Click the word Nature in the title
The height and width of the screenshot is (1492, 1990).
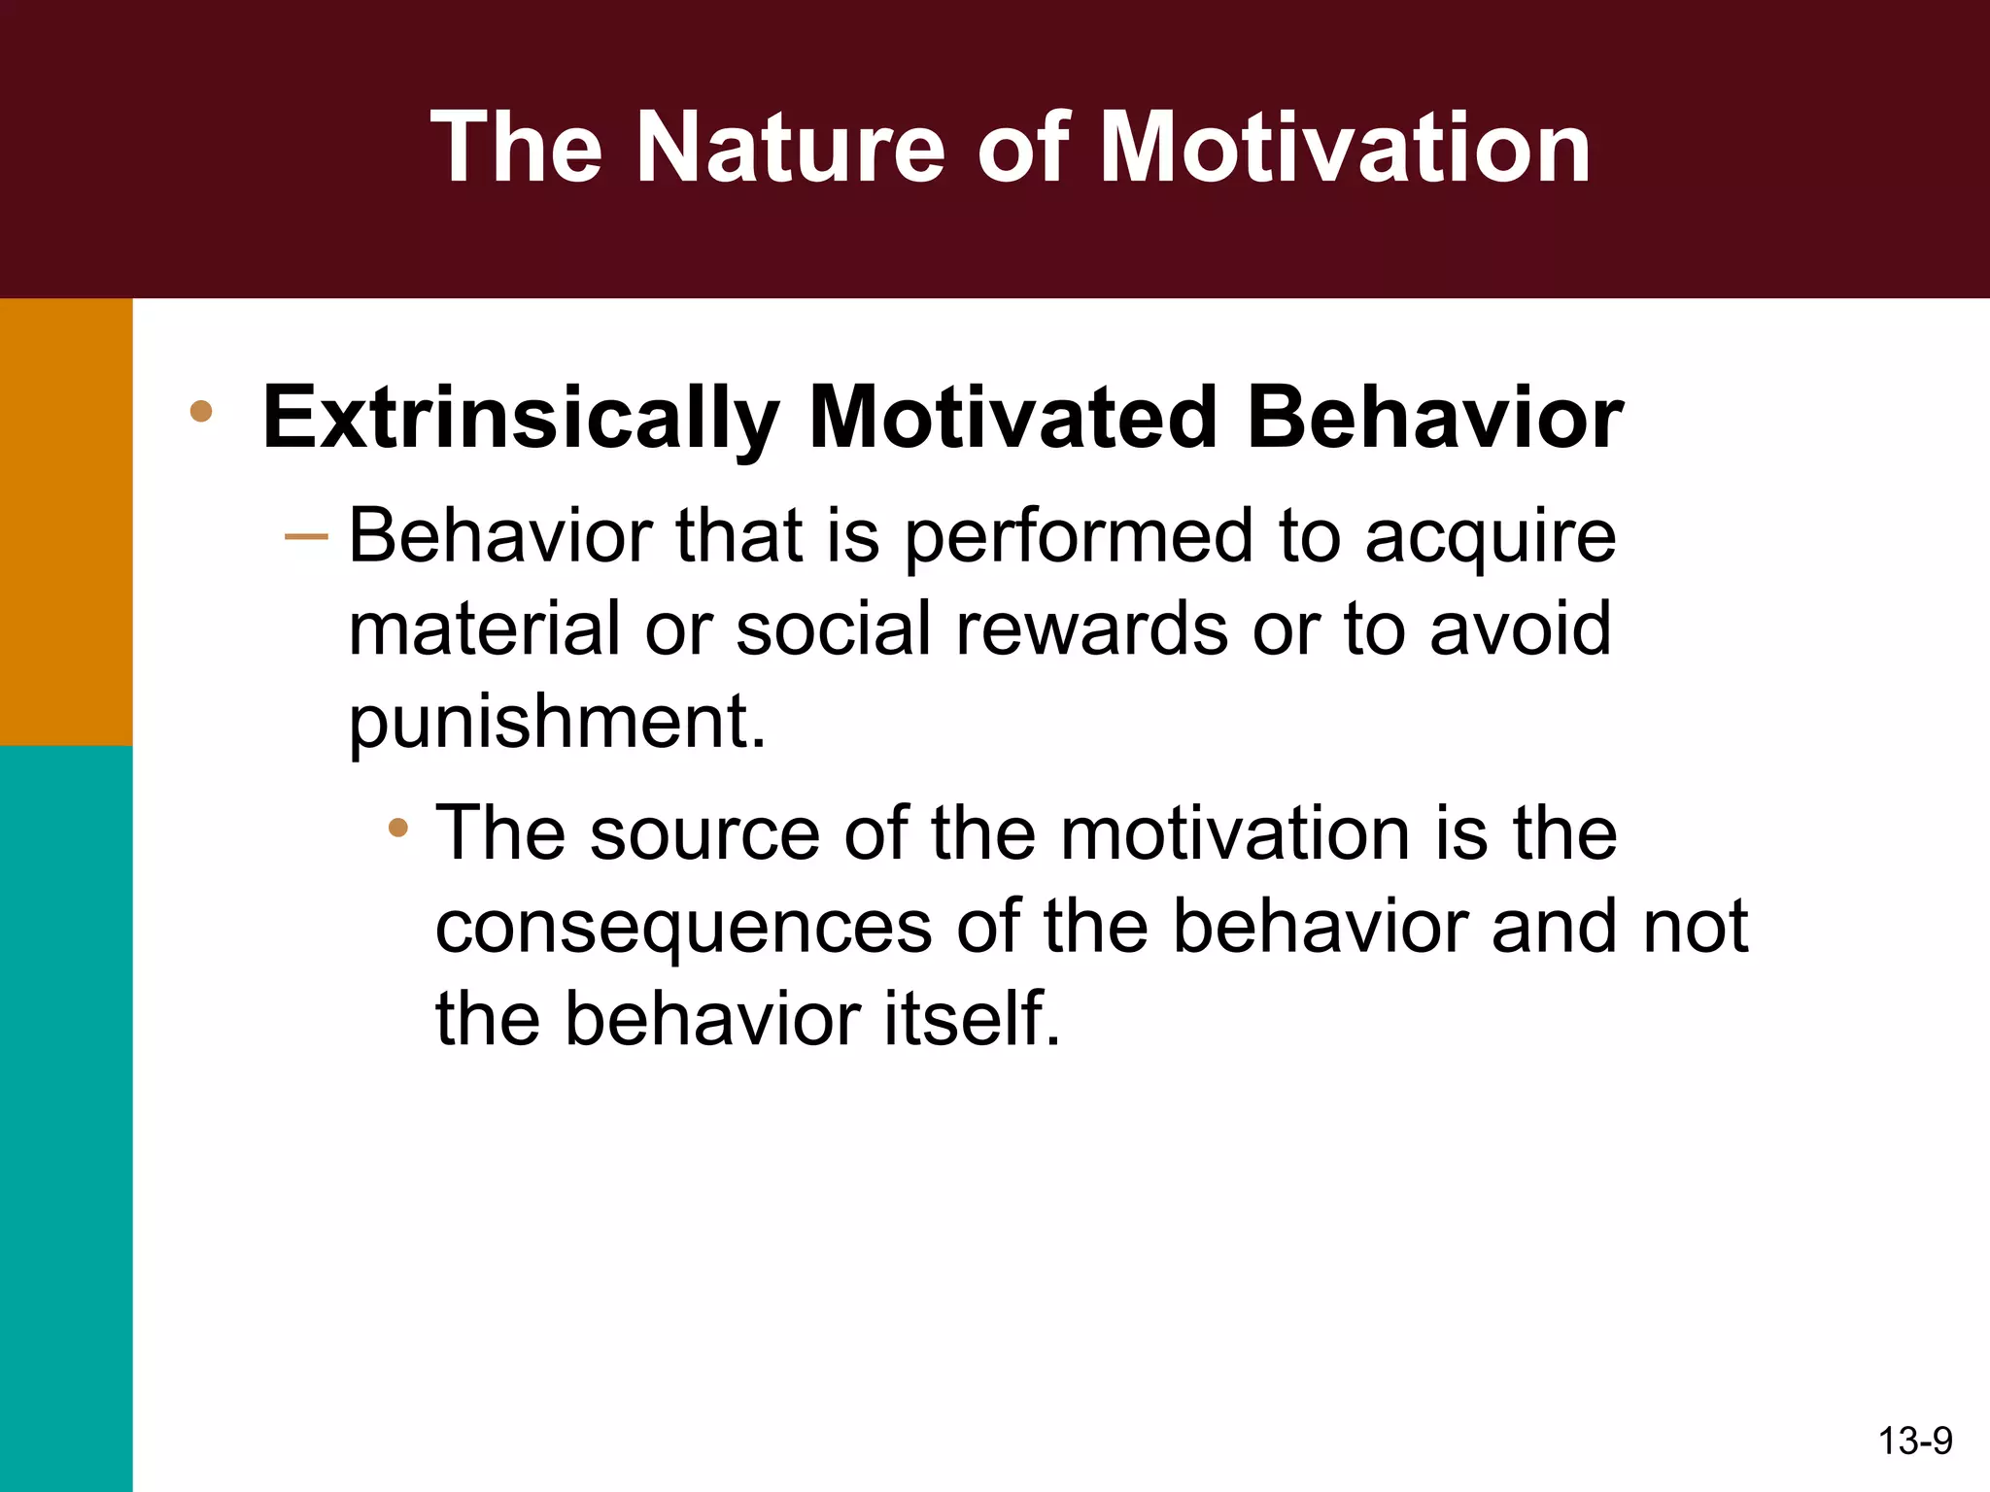coord(789,148)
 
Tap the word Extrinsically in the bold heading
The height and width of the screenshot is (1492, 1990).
coord(521,419)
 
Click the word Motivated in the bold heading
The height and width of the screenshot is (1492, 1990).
coord(1012,419)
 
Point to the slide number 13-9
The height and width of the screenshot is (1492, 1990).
coord(1915,1441)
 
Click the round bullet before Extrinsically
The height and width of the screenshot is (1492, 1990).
coord(201,411)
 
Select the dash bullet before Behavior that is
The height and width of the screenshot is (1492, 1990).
coord(306,536)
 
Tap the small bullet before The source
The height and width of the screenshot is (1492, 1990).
coord(397,829)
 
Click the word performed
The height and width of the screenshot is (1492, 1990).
coord(1079,537)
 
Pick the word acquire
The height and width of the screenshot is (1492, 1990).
coord(1491,537)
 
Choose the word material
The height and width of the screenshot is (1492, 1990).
coord(484,628)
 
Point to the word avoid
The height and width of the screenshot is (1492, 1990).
coord(1521,628)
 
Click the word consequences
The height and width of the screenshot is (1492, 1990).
coord(683,926)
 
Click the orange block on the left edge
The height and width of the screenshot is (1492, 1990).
coord(65,522)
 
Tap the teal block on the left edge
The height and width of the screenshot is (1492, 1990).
coord(65,1117)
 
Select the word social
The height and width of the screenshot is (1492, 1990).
coord(837,628)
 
